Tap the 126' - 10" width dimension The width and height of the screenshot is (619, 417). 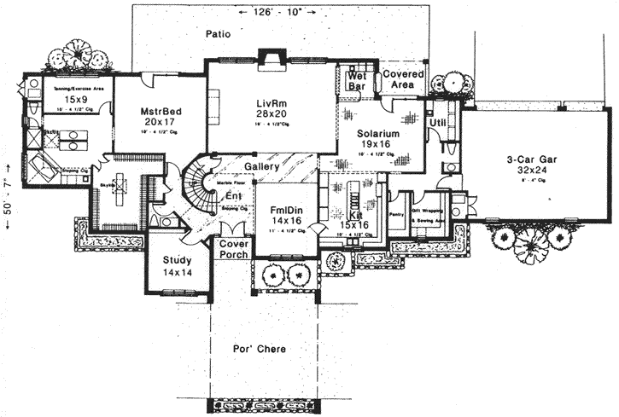pos(278,12)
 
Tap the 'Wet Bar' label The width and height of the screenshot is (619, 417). pos(356,81)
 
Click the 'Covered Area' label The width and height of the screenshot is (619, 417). pos(403,80)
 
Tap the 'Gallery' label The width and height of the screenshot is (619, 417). pos(261,166)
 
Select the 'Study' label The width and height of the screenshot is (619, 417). pos(177,260)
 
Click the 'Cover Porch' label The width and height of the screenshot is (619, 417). pos(233,248)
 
